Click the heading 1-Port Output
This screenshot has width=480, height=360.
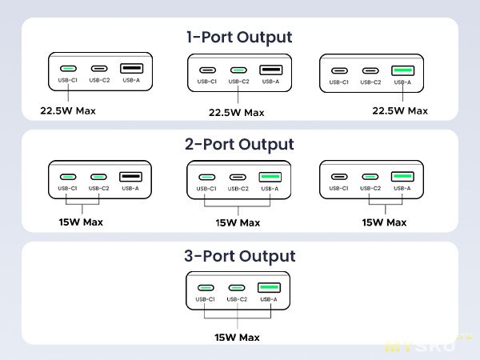click(x=239, y=37)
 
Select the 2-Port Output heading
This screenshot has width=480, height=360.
click(x=239, y=145)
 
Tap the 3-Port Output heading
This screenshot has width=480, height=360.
click(x=239, y=256)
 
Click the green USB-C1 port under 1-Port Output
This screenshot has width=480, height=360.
click(x=68, y=69)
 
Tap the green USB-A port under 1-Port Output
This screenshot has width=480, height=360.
click(x=402, y=70)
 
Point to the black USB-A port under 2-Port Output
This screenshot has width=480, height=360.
click(x=130, y=176)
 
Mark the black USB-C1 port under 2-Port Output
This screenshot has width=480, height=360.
click(x=340, y=177)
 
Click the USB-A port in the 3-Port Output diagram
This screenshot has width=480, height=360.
click(x=268, y=287)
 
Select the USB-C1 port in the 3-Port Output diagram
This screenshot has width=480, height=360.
click(x=206, y=288)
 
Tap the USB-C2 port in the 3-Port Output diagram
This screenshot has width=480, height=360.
click(x=236, y=288)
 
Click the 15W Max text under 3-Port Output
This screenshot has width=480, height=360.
click(x=238, y=337)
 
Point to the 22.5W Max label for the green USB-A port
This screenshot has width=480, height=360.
click(x=400, y=110)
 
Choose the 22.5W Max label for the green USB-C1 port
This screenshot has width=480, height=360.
click(x=68, y=110)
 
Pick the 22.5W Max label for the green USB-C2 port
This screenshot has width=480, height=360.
click(x=236, y=113)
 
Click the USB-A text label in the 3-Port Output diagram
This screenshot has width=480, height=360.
click(x=268, y=300)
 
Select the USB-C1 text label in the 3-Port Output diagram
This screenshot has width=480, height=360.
click(x=206, y=300)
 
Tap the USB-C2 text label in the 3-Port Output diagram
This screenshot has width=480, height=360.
click(x=236, y=300)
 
